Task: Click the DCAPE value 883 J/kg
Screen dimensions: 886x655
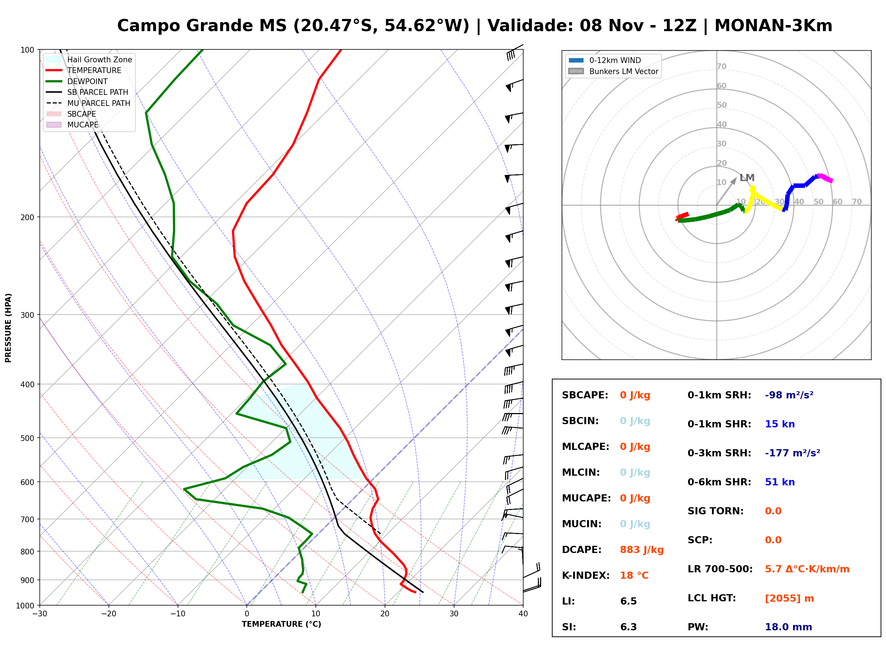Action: pos(642,550)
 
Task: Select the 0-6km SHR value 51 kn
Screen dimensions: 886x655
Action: pos(780,482)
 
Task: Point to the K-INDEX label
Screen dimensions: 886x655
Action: pos(586,576)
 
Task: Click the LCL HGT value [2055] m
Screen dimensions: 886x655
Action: pos(789,598)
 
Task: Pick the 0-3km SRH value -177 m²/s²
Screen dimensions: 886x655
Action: pos(793,453)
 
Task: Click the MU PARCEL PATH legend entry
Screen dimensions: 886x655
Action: pos(88,103)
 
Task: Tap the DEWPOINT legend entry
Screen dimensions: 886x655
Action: pos(77,81)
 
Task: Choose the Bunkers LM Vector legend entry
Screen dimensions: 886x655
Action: pos(613,71)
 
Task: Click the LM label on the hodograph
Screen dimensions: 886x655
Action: pos(747,178)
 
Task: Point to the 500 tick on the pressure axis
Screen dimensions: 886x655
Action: pos(27,438)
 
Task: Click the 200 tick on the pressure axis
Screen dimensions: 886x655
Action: pos(27,217)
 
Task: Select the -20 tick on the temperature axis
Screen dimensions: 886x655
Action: pos(109,614)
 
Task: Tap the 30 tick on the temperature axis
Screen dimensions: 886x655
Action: pos(454,614)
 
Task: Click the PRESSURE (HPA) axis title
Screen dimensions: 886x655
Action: pos(8,328)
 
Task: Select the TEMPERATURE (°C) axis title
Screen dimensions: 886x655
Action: pos(281,624)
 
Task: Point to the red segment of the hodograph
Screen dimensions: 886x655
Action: pos(682,217)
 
